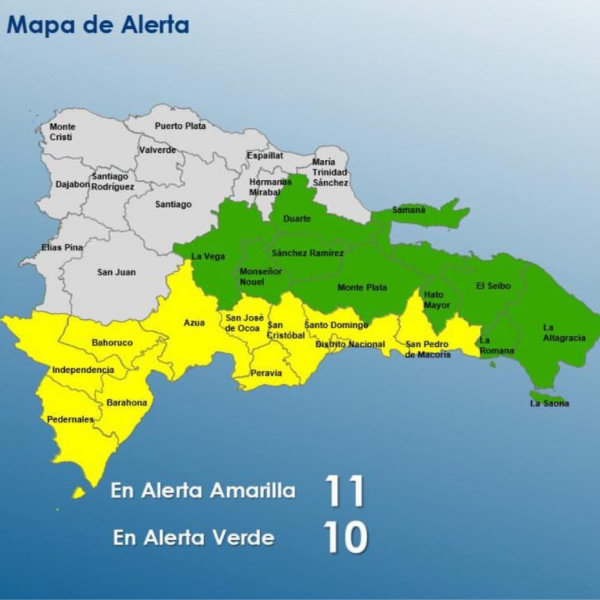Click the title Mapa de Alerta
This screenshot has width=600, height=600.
point(98,25)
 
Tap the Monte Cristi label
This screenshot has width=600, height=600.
point(62,132)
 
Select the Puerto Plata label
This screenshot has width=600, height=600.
point(180,126)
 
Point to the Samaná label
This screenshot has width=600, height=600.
point(410,210)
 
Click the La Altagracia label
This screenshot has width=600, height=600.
point(564,332)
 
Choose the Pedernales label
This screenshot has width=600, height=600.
point(70,419)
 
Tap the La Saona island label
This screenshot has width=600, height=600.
point(550,404)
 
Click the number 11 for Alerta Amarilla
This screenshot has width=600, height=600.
point(344,491)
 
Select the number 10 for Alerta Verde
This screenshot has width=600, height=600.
point(346,538)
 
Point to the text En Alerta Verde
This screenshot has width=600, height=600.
point(194,538)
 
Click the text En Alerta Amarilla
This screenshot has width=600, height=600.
point(203,490)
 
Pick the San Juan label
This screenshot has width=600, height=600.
point(117,272)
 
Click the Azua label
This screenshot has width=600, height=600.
point(194,322)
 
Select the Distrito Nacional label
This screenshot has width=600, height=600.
point(350,345)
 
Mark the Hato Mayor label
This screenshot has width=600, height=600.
point(437,300)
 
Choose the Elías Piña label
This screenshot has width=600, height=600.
point(62,248)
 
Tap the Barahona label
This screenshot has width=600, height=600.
point(127,402)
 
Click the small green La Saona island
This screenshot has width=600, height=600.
point(546,395)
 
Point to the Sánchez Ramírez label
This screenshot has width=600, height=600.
point(308,254)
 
